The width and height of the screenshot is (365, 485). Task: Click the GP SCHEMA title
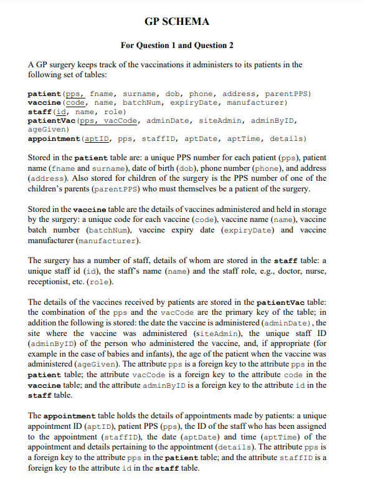coord(177,22)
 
